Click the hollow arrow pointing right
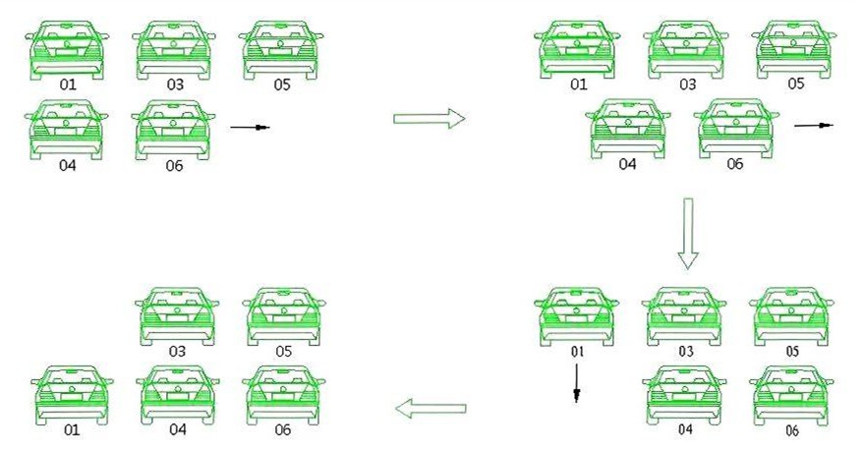(430, 118)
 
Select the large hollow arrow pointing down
(687, 233)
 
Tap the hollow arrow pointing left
(431, 408)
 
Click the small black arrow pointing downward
(576, 383)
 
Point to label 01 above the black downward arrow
(577, 352)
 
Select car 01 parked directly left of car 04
(72, 395)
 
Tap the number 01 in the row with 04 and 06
(72, 429)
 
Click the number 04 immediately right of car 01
(178, 429)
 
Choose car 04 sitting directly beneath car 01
(67, 130)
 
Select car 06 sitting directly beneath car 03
(173, 131)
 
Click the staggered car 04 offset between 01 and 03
(628, 129)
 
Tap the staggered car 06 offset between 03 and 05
(736, 129)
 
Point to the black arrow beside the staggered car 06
(814, 126)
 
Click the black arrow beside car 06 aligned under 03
(250, 128)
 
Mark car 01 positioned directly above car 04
(67, 50)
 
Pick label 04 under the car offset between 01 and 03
(627, 164)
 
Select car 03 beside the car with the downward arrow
(684, 316)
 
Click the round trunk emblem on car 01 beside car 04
(72, 387)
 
